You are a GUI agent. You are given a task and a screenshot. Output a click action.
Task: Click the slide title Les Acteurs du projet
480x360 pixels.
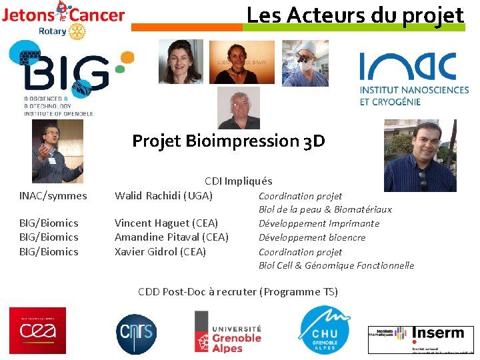pos(355,15)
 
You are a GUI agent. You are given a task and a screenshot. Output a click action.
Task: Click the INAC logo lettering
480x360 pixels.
pos(407,67)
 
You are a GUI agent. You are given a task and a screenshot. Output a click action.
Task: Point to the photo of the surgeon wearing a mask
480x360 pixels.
pos(305,63)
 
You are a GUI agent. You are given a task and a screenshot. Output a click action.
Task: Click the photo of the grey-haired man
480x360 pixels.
pos(239,108)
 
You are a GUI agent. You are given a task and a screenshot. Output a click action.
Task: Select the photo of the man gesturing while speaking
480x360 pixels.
pos(58,151)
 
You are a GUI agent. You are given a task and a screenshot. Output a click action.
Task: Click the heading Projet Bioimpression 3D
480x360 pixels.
pos(229,141)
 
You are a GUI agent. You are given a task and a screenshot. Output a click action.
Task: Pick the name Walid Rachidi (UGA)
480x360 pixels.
pos(164,195)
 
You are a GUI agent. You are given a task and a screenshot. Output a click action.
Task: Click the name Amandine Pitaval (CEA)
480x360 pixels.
pos(171,237)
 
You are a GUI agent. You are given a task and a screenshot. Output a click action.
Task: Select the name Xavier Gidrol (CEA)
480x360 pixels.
pos(160,252)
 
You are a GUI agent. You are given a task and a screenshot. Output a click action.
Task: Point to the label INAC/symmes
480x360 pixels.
pos(53,195)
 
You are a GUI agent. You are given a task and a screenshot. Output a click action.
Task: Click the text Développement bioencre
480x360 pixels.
pos(312,237)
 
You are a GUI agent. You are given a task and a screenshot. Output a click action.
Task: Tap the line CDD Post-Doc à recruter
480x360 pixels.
pos(238,291)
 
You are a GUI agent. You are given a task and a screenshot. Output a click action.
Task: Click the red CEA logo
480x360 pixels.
pos(37,331)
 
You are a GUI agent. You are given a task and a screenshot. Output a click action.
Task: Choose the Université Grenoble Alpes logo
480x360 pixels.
pos(228,331)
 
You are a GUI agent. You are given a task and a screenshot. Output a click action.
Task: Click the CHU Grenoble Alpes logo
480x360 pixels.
pos(323,331)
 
